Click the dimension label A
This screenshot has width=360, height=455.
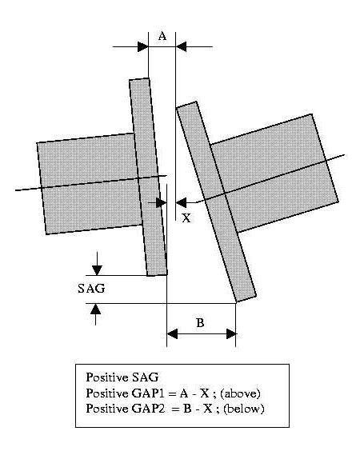click(x=162, y=37)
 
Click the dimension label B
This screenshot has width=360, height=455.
click(x=200, y=323)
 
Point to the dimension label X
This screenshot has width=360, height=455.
click(x=186, y=218)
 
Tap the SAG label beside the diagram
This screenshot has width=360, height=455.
click(x=91, y=289)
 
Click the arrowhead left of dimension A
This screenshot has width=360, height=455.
click(x=143, y=46)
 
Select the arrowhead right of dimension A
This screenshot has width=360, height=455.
click(x=181, y=46)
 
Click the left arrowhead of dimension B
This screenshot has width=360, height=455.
click(x=172, y=334)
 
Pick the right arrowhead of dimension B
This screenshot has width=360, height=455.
click(x=231, y=334)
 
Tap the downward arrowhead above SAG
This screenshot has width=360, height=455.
click(x=97, y=270)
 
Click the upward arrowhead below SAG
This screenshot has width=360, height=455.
click(x=95, y=309)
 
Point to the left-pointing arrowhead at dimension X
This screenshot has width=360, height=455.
click(x=181, y=202)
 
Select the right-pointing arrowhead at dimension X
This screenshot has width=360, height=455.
click(x=161, y=202)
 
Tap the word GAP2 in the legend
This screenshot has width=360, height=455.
click(x=149, y=409)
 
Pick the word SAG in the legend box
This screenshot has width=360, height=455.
click(x=146, y=377)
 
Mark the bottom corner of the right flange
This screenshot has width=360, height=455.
click(x=237, y=302)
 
